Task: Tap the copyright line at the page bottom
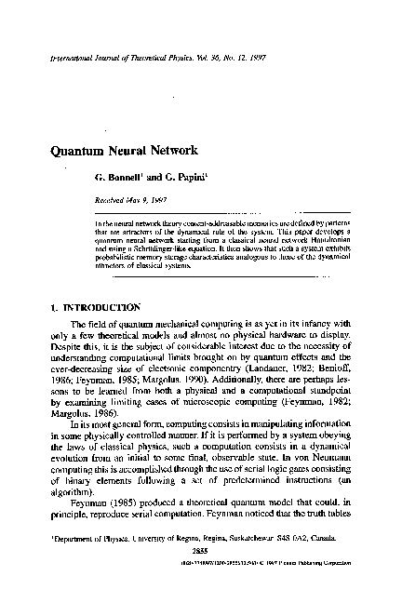click(x=278, y=589)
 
